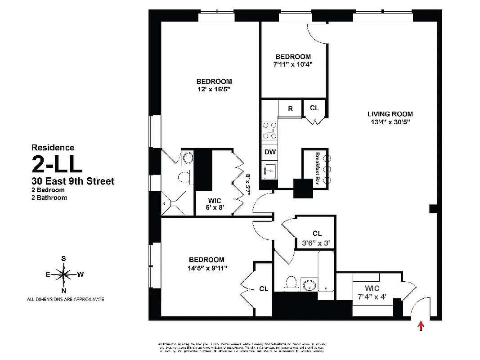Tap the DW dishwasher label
pyautogui.click(x=270, y=152)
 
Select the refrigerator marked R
pyautogui.click(x=291, y=108)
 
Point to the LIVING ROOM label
pyautogui.click(x=390, y=114)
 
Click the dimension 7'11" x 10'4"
pyautogui.click(x=293, y=64)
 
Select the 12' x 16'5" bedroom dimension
pyautogui.click(x=214, y=89)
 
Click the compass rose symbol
pyautogui.click(x=65, y=274)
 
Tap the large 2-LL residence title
pyautogui.click(x=57, y=164)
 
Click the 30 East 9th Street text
pyautogui.click(x=73, y=181)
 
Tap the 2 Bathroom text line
pyautogui.click(x=49, y=197)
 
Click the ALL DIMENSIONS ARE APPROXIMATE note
pyautogui.click(x=65, y=299)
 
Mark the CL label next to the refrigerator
pyautogui.click(x=314, y=108)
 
